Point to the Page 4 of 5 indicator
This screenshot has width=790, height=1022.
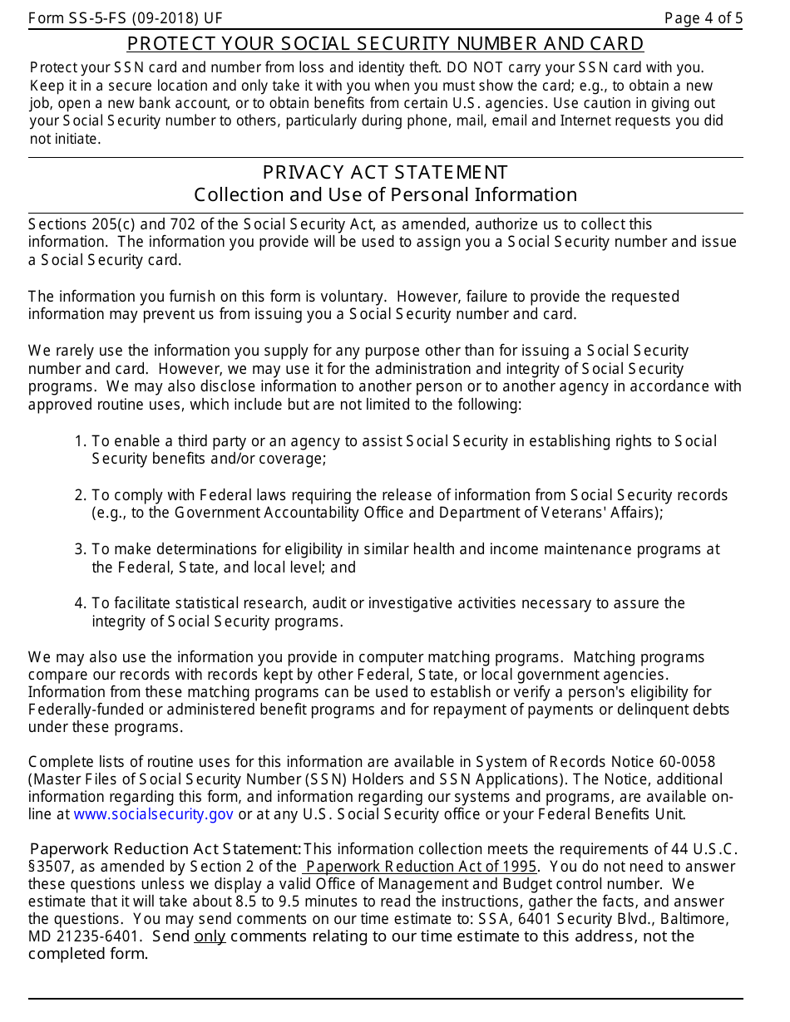coord(704,18)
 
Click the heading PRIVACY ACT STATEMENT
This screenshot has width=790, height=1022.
coord(385,172)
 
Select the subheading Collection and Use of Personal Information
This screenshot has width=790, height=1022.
coord(385,194)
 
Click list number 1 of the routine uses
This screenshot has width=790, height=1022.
coord(80,441)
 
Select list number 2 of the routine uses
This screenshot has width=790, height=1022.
coord(80,495)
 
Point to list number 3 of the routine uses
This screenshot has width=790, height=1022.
coord(80,549)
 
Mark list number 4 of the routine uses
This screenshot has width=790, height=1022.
coord(80,603)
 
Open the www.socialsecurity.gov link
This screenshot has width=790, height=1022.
coord(153,814)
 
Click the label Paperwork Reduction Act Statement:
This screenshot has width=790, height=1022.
coord(165,848)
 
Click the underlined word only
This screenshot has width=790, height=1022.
coord(210,936)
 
